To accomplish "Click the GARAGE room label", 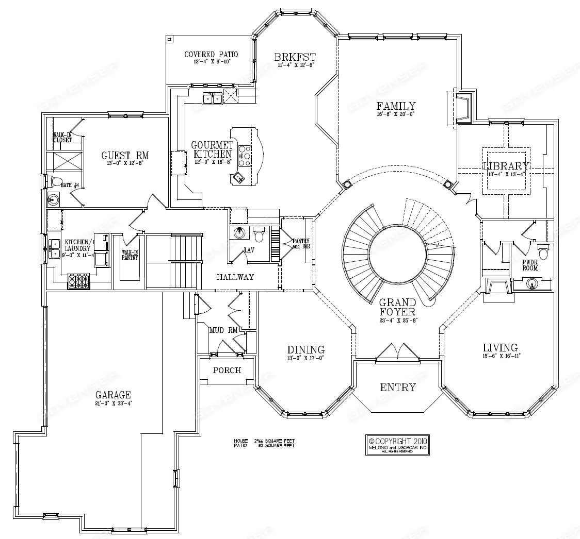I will tap(112, 395).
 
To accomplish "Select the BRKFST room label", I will tap(295, 57).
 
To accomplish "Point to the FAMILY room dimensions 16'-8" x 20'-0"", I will tap(396, 114).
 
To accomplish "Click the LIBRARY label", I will tap(506, 166).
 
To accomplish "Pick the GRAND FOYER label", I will tap(397, 307).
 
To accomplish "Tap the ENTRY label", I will tap(398, 388).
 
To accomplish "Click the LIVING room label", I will tap(500, 347).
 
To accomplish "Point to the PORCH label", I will tap(227, 370).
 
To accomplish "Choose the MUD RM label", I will tap(223, 330).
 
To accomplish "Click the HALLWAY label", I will tap(235, 277).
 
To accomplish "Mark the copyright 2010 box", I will tap(397, 445).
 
